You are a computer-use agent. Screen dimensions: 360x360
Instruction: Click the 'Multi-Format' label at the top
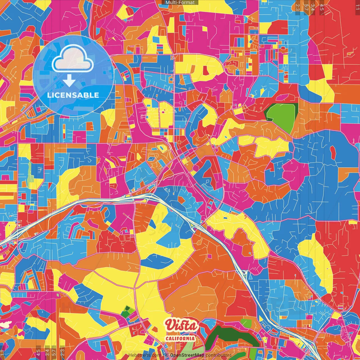tap(180, 3)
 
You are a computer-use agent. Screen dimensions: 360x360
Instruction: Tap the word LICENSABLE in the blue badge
tap(73, 95)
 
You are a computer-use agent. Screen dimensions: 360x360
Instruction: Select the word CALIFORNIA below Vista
tap(180, 338)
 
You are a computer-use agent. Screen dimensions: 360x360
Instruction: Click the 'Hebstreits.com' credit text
tap(145, 355)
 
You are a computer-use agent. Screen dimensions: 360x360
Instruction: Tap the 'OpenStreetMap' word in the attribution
tap(187, 355)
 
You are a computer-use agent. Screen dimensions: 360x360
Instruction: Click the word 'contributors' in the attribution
tap(218, 355)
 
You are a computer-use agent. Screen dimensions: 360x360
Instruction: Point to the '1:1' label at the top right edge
tap(357, 7)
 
